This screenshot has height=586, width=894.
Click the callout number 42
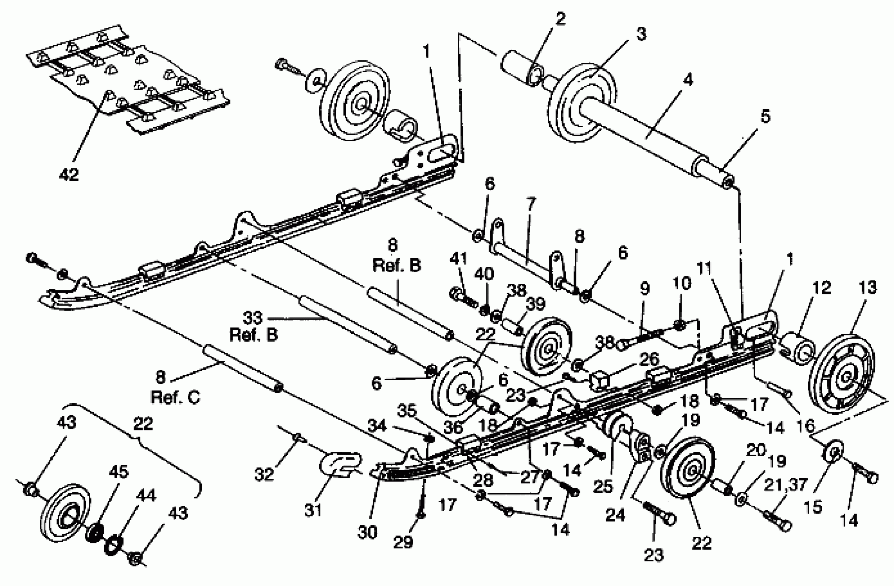(69, 174)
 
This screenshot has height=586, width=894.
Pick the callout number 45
(118, 472)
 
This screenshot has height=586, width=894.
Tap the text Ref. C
(175, 397)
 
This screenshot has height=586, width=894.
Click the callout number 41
(459, 259)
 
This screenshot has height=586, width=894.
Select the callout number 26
(649, 360)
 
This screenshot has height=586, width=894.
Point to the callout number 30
(367, 532)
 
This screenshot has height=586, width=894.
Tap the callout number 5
(765, 117)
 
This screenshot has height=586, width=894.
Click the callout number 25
(603, 487)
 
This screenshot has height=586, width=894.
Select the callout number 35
(407, 411)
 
